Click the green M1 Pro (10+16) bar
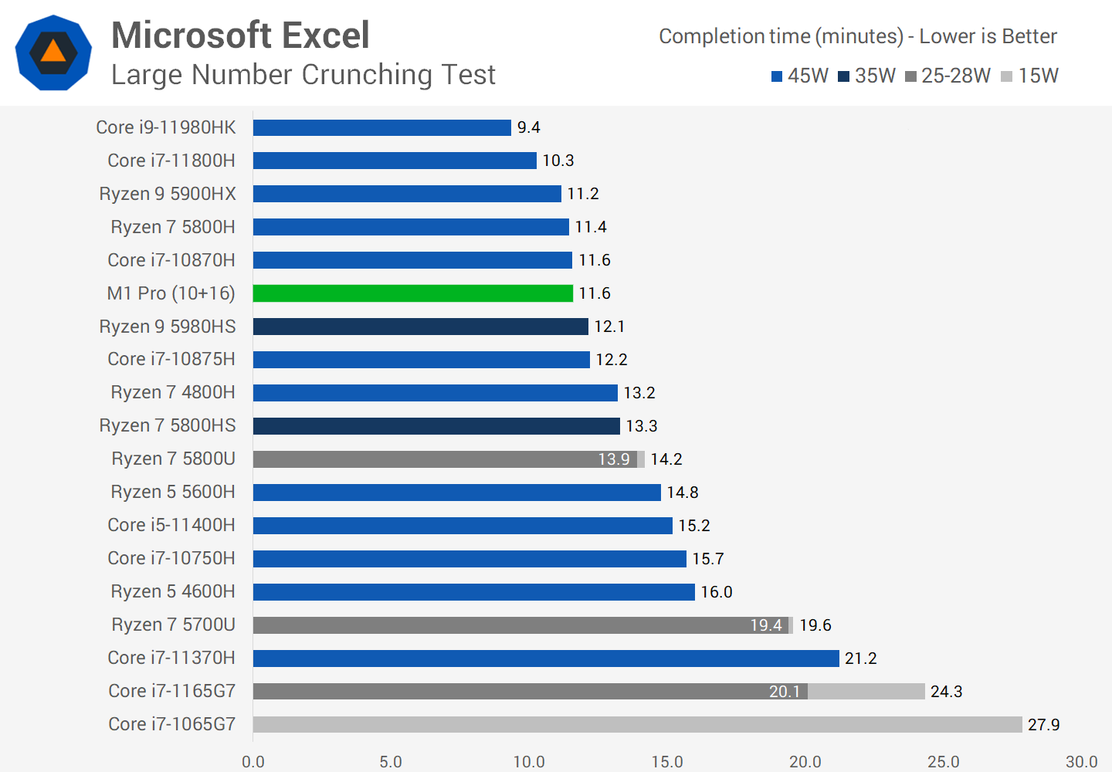[412, 293]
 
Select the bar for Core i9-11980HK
[381, 127]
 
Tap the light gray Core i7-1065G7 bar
[637, 724]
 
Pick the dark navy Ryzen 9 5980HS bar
[420, 327]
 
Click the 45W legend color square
[777, 76]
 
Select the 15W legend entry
[1029, 76]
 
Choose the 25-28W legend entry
[948, 76]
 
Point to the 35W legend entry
[866, 76]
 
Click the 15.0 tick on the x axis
[667, 762]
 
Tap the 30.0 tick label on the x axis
[1081, 762]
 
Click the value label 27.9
[1043, 725]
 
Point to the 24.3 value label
[946, 692]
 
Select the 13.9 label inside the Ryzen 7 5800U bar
[614, 459]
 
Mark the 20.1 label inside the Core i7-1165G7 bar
[785, 692]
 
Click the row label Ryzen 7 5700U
[173, 625]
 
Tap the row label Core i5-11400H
[171, 525]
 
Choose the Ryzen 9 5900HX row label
[168, 194]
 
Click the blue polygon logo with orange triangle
[53, 52]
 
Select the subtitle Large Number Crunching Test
[303, 75]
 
